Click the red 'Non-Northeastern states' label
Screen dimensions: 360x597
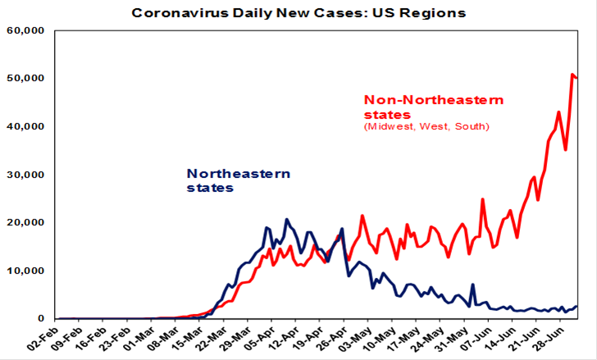coord(433,107)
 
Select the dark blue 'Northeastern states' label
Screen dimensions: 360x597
coord(239,180)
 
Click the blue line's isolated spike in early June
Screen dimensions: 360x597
coord(472,285)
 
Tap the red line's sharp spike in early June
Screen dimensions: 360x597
coord(482,199)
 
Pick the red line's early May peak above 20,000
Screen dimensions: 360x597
coord(362,216)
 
